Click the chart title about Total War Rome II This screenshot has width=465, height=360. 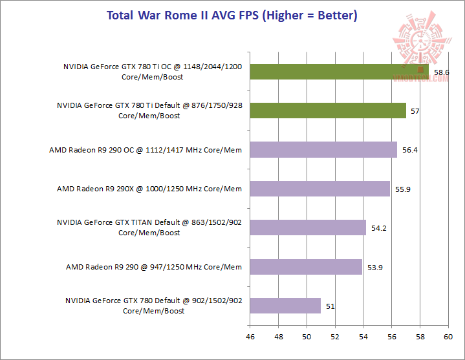pyautogui.click(x=232, y=15)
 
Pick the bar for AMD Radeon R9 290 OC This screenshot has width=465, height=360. pyautogui.click(x=323, y=150)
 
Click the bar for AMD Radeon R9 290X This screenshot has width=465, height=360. pyautogui.click(x=320, y=189)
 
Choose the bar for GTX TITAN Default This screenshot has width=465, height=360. pyautogui.click(x=308, y=228)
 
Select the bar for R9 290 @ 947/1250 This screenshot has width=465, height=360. pyautogui.click(x=306, y=266)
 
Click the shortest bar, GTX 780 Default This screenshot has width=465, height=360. pyautogui.click(x=285, y=306)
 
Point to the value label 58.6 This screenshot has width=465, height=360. pyautogui.click(x=442, y=72)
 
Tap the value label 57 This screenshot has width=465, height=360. pyautogui.click(x=415, y=111)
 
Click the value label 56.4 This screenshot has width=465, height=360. pyautogui.click(x=410, y=150)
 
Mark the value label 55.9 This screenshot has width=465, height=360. pyautogui.click(x=403, y=189)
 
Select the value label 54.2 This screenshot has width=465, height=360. pyautogui.click(x=379, y=228)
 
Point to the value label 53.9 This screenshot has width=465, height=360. pyautogui.click(x=374, y=267)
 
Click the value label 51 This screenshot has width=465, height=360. pyautogui.click(x=330, y=306)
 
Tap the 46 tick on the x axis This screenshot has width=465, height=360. pyautogui.click(x=250, y=337)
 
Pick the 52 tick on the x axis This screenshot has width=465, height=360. pyautogui.click(x=334, y=337)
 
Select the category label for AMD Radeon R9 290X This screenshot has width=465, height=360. pyautogui.click(x=149, y=189)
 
